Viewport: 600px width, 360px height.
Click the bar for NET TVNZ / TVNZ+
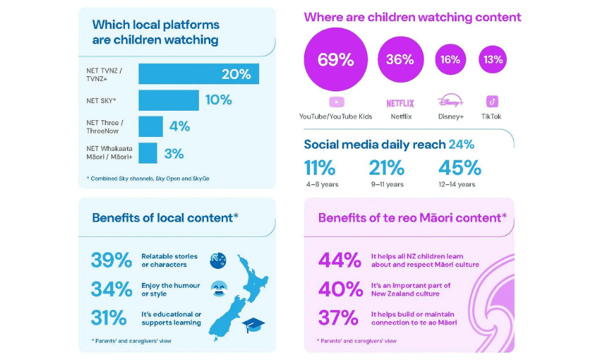pos(198,74)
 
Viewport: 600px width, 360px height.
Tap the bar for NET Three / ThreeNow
pos(150,126)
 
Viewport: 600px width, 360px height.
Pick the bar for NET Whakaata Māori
pos(148,153)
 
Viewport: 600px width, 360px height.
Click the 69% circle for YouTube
pos(335,60)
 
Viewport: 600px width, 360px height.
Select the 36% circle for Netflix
pos(400,60)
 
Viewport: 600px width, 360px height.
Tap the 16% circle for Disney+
pos(450,60)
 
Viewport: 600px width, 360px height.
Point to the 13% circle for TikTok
pos(493,60)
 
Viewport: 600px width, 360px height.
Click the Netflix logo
pos(400,103)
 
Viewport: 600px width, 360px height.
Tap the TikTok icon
pos(492,102)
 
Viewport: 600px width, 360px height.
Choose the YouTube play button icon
pos(336,102)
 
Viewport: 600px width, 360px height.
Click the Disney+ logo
pos(450,102)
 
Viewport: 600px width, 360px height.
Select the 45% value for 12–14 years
pos(460,168)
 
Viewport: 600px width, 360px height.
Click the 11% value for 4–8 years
pos(320,168)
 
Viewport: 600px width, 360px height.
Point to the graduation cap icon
pos(253,324)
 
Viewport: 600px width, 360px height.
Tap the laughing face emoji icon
pos(217,289)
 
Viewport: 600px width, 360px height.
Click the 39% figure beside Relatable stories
pos(111,260)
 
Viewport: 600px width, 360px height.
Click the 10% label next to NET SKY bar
pos(218,100)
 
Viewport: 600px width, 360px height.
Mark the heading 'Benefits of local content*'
pos(164,217)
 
